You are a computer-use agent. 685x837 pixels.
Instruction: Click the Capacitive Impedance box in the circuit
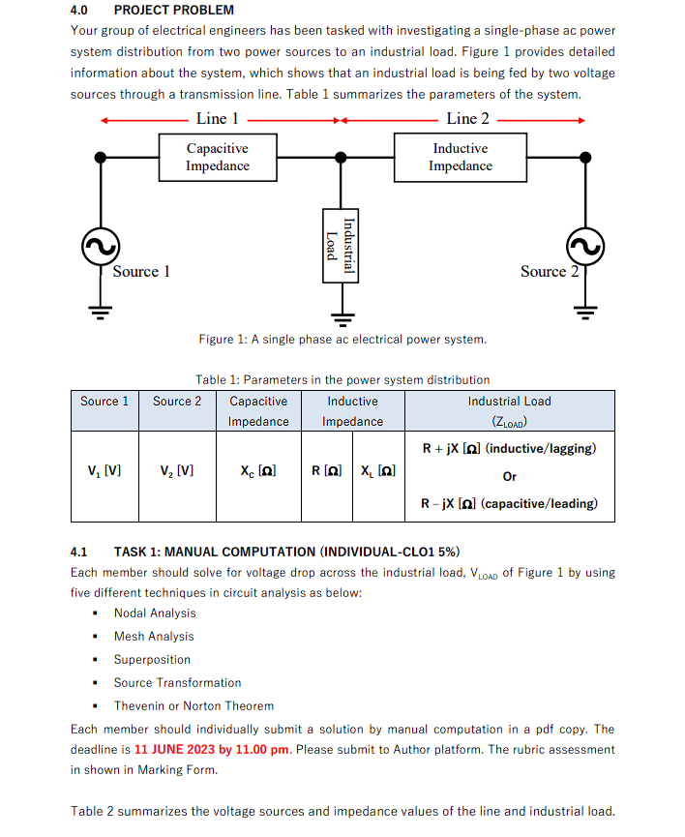tap(218, 157)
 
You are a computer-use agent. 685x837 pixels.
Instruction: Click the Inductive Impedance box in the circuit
tap(460, 157)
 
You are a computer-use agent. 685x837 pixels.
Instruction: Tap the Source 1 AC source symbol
tap(100, 249)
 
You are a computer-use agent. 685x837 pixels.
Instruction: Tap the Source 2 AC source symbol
tap(584, 249)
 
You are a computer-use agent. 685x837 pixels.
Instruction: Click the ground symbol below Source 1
tap(100, 311)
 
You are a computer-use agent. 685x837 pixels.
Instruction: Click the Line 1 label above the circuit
tap(218, 119)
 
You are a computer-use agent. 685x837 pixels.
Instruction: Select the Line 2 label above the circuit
tap(468, 119)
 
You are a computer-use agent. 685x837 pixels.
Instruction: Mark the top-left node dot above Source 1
tap(100, 157)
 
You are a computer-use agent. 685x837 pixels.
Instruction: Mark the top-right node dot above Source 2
tap(584, 157)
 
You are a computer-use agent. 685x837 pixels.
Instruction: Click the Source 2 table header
tap(177, 402)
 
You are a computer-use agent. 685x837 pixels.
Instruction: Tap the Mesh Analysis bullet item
tap(154, 636)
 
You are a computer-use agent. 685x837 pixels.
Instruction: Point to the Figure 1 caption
tap(342, 339)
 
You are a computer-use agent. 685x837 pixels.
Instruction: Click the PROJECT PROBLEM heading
tap(174, 10)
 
